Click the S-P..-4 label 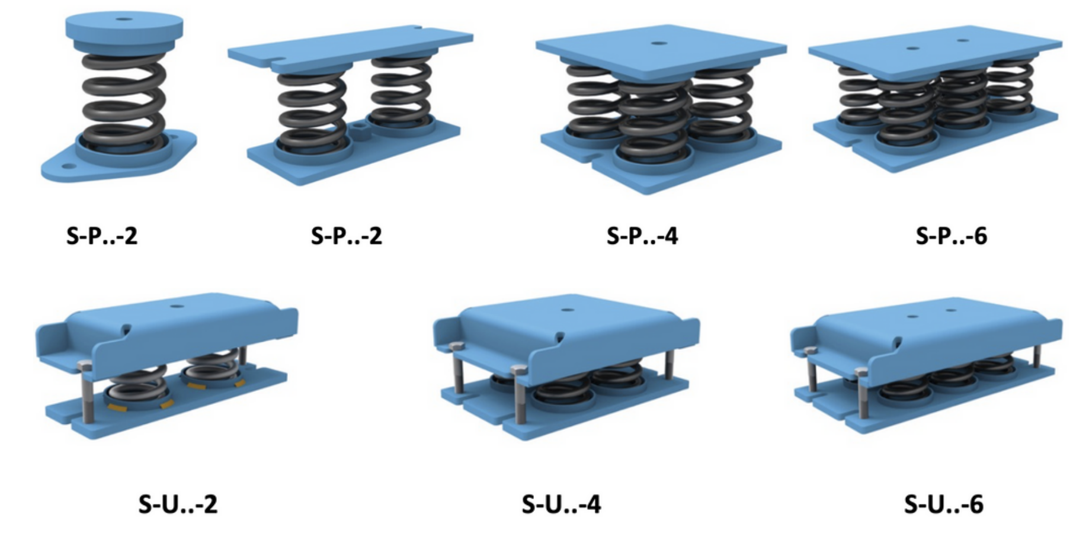coord(642,236)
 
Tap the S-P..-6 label coord(952,236)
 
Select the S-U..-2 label coord(178,504)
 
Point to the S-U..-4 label coord(561,504)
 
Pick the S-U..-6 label coord(944,504)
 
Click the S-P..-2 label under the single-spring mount coord(102,236)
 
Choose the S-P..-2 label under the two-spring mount coord(347,236)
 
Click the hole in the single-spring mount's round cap coord(124,20)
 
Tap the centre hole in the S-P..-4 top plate coord(657,43)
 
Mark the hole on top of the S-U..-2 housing coord(175,306)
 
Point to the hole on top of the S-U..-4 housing coord(568,310)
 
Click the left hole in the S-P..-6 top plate coord(913,48)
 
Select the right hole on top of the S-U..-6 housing coord(951,310)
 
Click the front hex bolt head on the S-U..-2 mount coord(85,366)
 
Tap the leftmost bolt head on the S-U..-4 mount coord(456,346)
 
